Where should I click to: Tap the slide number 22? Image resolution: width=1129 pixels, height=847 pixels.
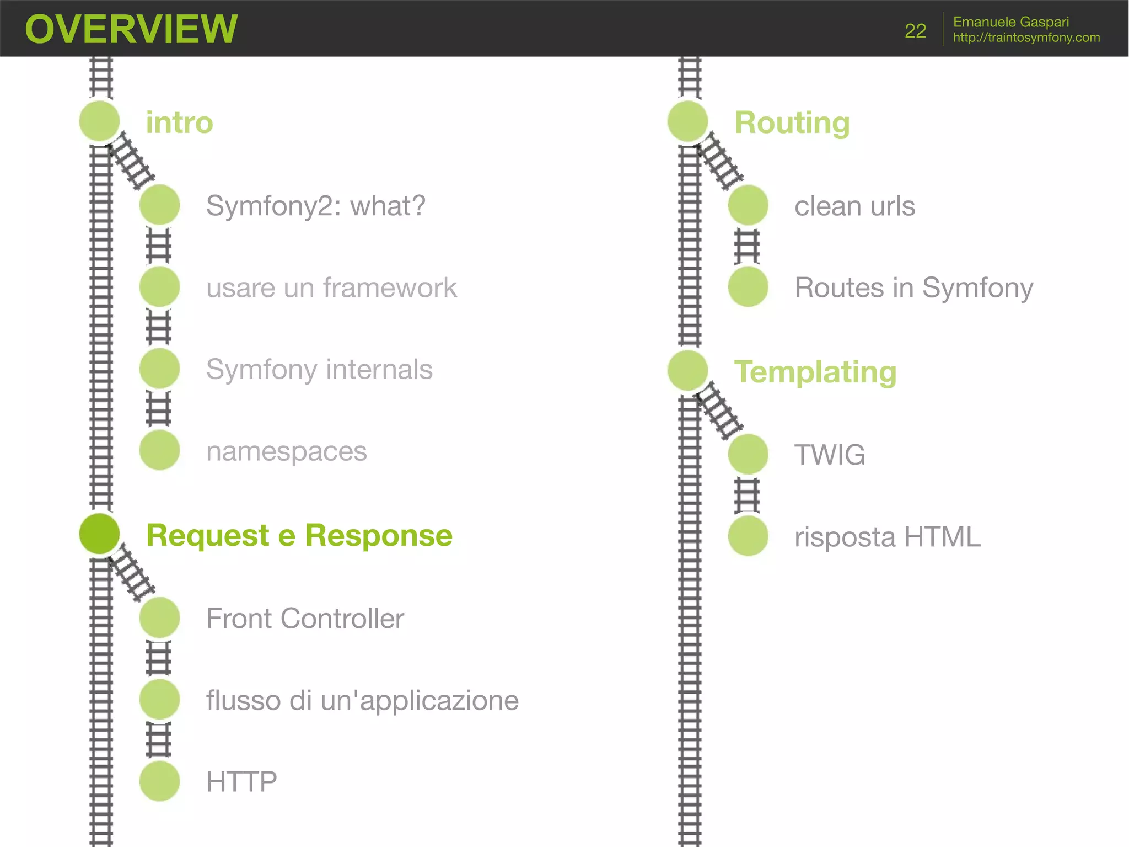pyautogui.click(x=915, y=31)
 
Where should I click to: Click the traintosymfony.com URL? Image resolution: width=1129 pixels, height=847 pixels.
pyautogui.click(x=1026, y=38)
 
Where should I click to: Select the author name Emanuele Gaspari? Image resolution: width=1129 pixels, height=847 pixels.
pyautogui.click(x=1010, y=22)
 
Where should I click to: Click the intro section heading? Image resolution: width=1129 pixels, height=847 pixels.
pyautogui.click(x=179, y=122)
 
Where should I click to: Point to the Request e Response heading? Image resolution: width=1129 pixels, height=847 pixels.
pyautogui.click(x=299, y=535)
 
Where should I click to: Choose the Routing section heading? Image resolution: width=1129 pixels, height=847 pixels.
pyautogui.click(x=792, y=122)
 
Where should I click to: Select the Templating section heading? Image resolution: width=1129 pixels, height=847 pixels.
pyautogui.click(x=815, y=372)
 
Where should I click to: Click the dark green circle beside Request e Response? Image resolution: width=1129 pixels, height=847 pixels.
pyautogui.click(x=99, y=534)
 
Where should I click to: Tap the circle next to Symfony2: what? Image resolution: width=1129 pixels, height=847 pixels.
pyautogui.click(x=160, y=205)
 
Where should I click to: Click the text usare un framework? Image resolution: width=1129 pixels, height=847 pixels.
pyautogui.click(x=331, y=287)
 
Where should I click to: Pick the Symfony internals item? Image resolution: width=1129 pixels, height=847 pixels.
pyautogui.click(x=319, y=369)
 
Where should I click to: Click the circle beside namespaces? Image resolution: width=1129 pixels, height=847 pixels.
pyautogui.click(x=160, y=450)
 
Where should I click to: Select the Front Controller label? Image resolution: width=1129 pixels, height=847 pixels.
pyautogui.click(x=305, y=618)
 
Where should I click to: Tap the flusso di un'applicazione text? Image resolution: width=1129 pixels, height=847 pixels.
pyautogui.click(x=362, y=700)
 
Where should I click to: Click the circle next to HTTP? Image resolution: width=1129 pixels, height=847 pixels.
pyautogui.click(x=160, y=781)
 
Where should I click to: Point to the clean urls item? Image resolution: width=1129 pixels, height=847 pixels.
pyautogui.click(x=854, y=206)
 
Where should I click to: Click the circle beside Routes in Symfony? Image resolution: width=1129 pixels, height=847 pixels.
pyautogui.click(x=748, y=287)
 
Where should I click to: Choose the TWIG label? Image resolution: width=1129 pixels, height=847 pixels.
pyautogui.click(x=830, y=455)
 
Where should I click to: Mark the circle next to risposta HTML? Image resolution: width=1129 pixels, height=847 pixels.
pyautogui.click(x=748, y=536)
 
